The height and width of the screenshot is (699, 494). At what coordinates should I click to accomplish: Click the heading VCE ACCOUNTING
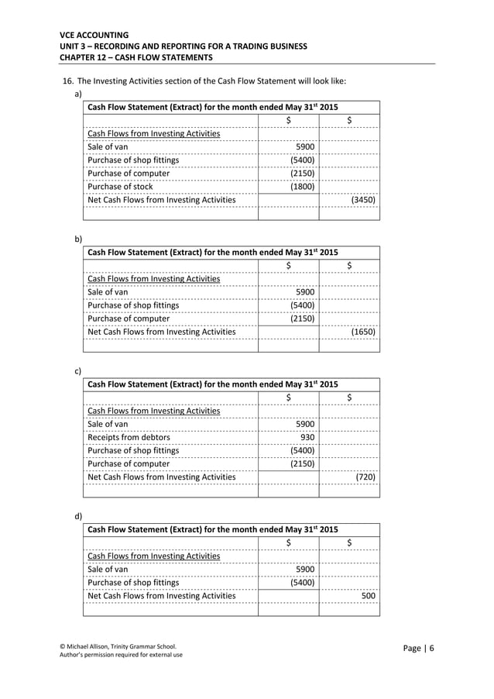coord(94,35)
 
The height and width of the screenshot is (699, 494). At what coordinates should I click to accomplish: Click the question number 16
coord(68,81)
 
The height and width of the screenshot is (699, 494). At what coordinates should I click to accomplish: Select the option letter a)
coord(77,94)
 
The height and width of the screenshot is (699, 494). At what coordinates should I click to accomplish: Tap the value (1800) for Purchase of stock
coord(302,187)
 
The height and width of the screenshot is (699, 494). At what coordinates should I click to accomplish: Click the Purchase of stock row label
coord(120,187)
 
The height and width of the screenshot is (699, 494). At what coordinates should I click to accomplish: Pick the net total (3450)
coord(363,200)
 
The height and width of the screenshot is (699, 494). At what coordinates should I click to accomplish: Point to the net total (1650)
coord(363,332)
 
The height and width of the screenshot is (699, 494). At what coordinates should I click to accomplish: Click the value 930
coord(307,437)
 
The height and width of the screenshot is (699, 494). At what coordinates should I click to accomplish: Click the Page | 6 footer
coord(419,648)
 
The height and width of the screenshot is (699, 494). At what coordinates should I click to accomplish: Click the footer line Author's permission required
coord(121,656)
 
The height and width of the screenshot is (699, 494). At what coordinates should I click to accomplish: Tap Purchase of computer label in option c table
coord(129,463)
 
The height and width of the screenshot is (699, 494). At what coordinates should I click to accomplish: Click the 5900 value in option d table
coord(305,569)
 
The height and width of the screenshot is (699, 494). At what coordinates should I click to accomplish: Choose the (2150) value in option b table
coord(302,319)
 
